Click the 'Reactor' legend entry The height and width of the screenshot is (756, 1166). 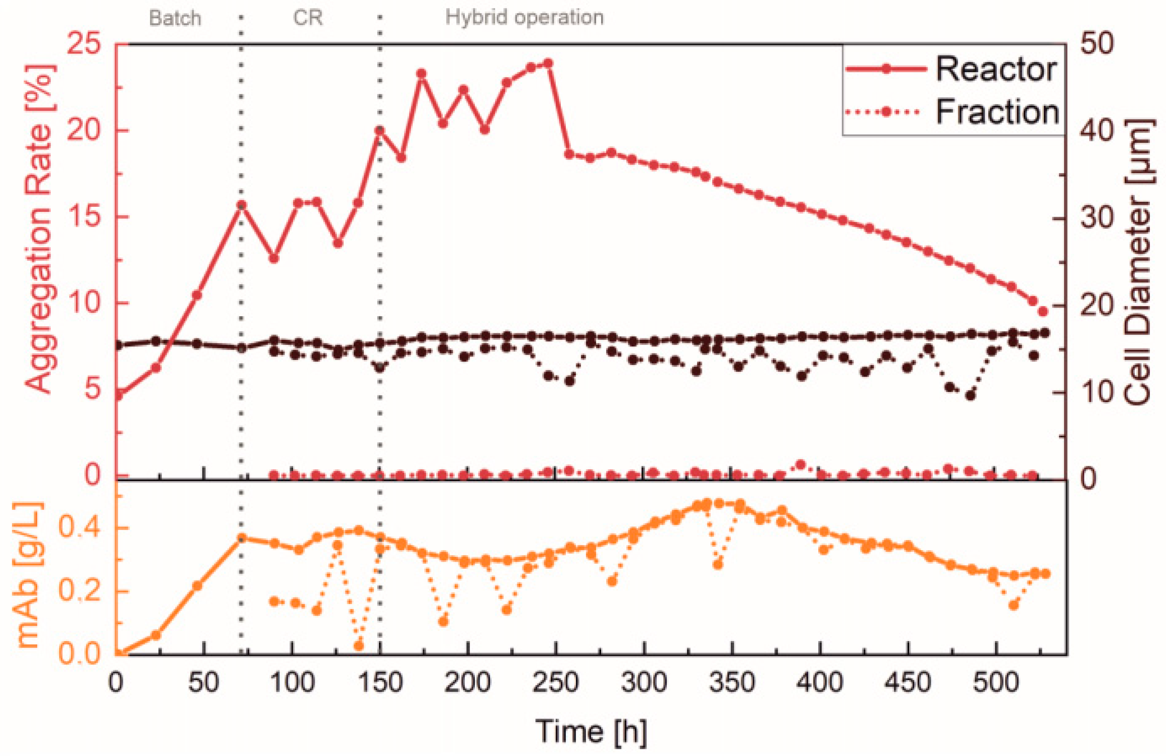pyautogui.click(x=996, y=70)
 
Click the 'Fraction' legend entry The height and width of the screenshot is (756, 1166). pyautogui.click(x=997, y=112)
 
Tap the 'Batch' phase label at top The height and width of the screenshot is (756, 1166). pyautogui.click(x=175, y=18)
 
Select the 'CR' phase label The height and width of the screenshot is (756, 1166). pyautogui.click(x=308, y=18)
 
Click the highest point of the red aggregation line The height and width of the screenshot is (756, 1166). pyautogui.click(x=548, y=63)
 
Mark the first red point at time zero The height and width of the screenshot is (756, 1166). pyautogui.click(x=118, y=395)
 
